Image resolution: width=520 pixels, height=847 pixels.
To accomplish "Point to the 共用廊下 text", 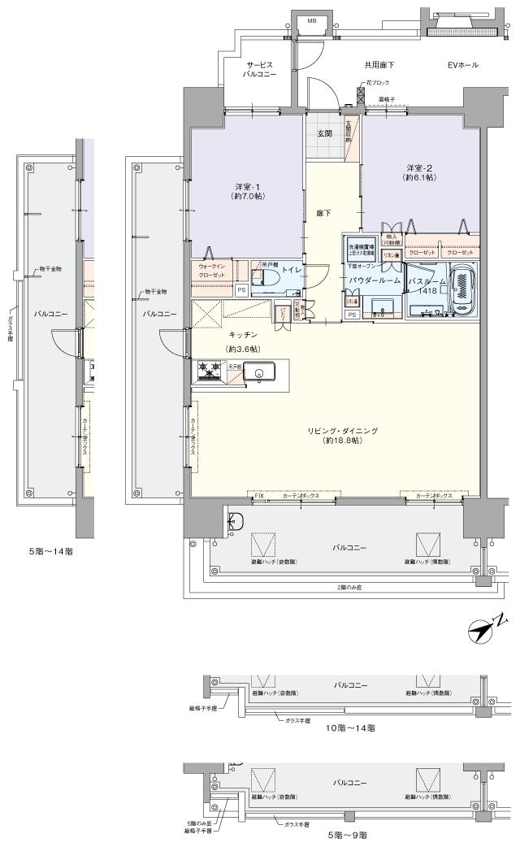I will coord(380,65).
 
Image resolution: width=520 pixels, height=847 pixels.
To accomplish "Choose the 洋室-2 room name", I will coord(419,167).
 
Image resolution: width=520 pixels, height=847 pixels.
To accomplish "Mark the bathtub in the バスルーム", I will coord(463,289).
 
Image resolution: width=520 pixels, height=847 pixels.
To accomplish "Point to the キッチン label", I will coord(243,335).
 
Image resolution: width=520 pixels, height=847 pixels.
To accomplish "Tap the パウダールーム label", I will coord(375,280).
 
